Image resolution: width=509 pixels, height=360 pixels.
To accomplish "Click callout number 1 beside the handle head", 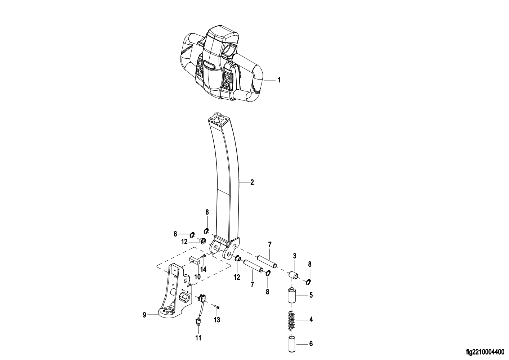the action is tap(279, 80).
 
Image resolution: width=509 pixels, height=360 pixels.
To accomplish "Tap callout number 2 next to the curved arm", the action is tap(252, 182).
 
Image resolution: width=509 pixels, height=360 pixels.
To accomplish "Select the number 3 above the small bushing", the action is tap(295, 256).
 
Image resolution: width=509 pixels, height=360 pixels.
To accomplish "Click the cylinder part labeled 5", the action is tap(292, 295).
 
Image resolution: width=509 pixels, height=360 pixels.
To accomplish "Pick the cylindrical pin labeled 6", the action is tap(292, 344).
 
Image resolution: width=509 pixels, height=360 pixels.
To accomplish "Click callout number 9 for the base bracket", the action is tap(144, 315).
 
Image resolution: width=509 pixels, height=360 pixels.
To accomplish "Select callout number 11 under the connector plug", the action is tap(198, 338).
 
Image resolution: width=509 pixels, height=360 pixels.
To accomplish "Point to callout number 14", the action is tap(204, 269).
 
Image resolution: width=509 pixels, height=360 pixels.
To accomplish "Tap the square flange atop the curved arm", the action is tap(218, 120).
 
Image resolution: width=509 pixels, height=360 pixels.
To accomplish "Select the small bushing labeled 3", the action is tap(294, 275).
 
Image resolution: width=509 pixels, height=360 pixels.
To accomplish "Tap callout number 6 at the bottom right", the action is tap(311, 344).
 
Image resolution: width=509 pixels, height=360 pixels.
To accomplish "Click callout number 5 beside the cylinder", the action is tap(311, 295).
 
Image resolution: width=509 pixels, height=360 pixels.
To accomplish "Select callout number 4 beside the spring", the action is tap(311, 319).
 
